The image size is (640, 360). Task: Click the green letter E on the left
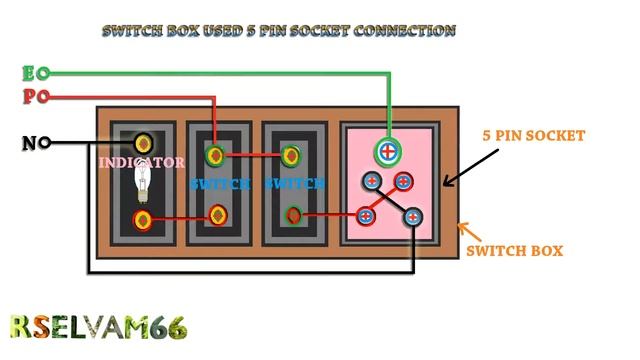[x=28, y=73]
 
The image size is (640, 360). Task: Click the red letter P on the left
[x=28, y=97]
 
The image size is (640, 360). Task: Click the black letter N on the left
[x=29, y=143]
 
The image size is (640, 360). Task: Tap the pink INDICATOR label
[x=141, y=162]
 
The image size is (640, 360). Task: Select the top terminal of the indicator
[x=144, y=142]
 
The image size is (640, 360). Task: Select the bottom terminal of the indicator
[x=143, y=219]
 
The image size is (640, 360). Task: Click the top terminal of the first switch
[x=215, y=155]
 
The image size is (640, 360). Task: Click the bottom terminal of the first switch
[x=218, y=214]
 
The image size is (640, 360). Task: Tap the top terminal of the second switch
[x=291, y=155]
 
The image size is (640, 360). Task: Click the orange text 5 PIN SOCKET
[x=533, y=135]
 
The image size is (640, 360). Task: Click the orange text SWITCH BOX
[x=514, y=251]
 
